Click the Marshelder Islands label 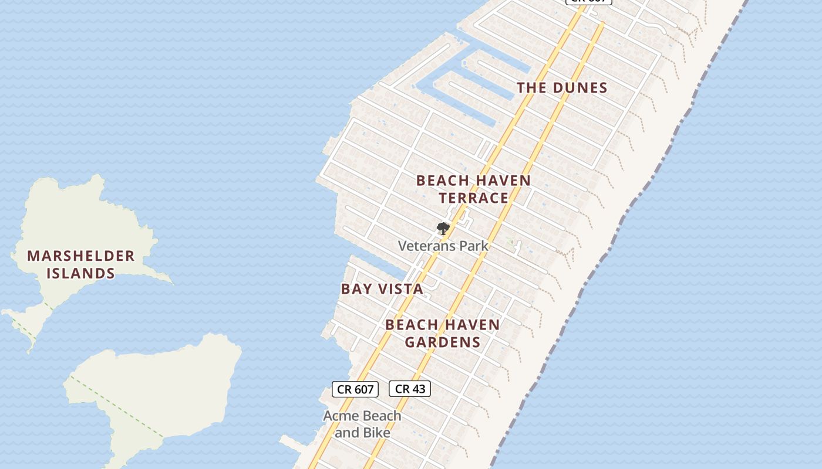pos(80,264)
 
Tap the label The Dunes pos(562,88)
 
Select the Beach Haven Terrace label pos(473,189)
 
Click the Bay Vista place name pos(382,289)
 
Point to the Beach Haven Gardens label pos(443,333)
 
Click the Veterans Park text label pos(443,246)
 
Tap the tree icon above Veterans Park pos(443,228)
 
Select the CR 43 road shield pos(410,389)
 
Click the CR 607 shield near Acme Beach pos(355,389)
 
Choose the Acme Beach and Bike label pos(362,424)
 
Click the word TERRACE pos(473,198)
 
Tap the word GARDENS pos(443,342)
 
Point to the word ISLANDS pos(80,273)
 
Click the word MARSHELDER pos(80,256)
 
